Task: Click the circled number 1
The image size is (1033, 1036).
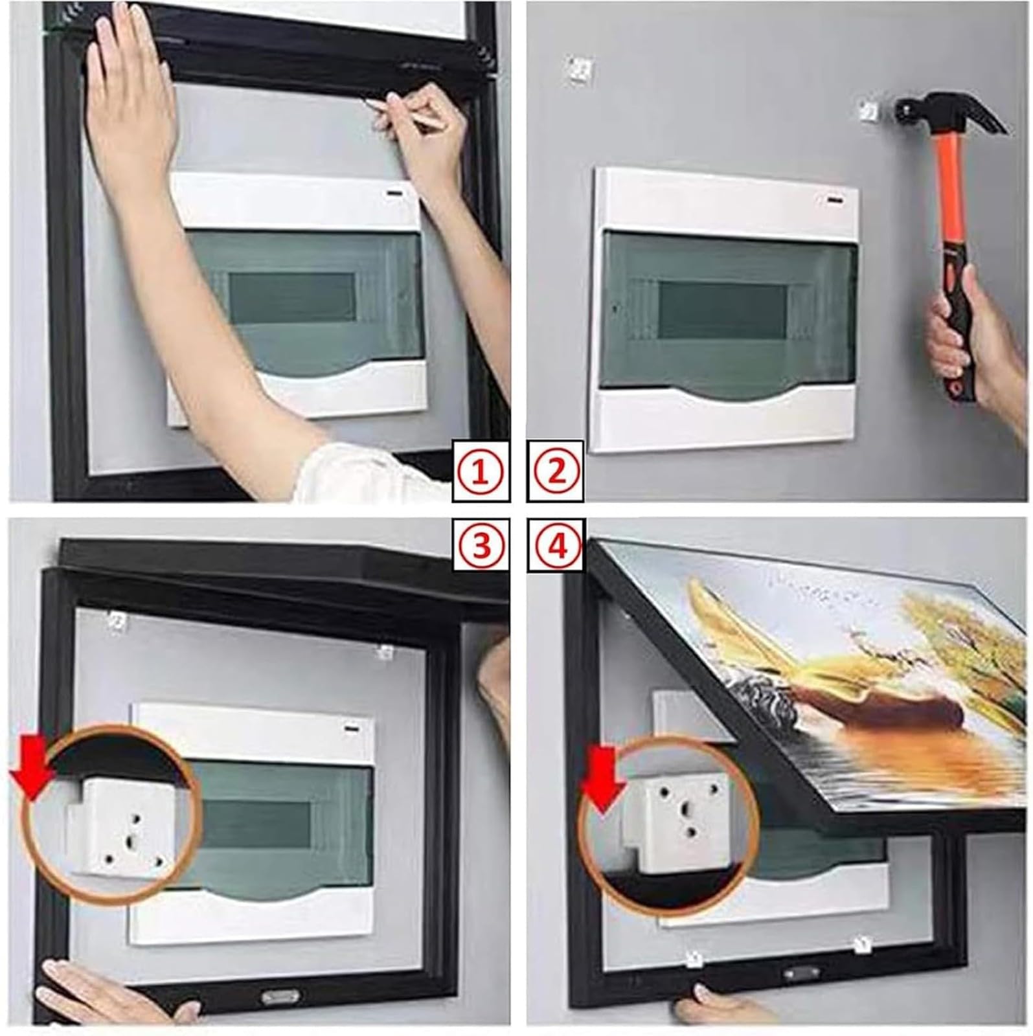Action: (x=481, y=472)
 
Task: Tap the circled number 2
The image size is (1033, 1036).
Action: (x=557, y=472)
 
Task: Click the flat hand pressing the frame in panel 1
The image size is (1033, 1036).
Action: (x=130, y=97)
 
